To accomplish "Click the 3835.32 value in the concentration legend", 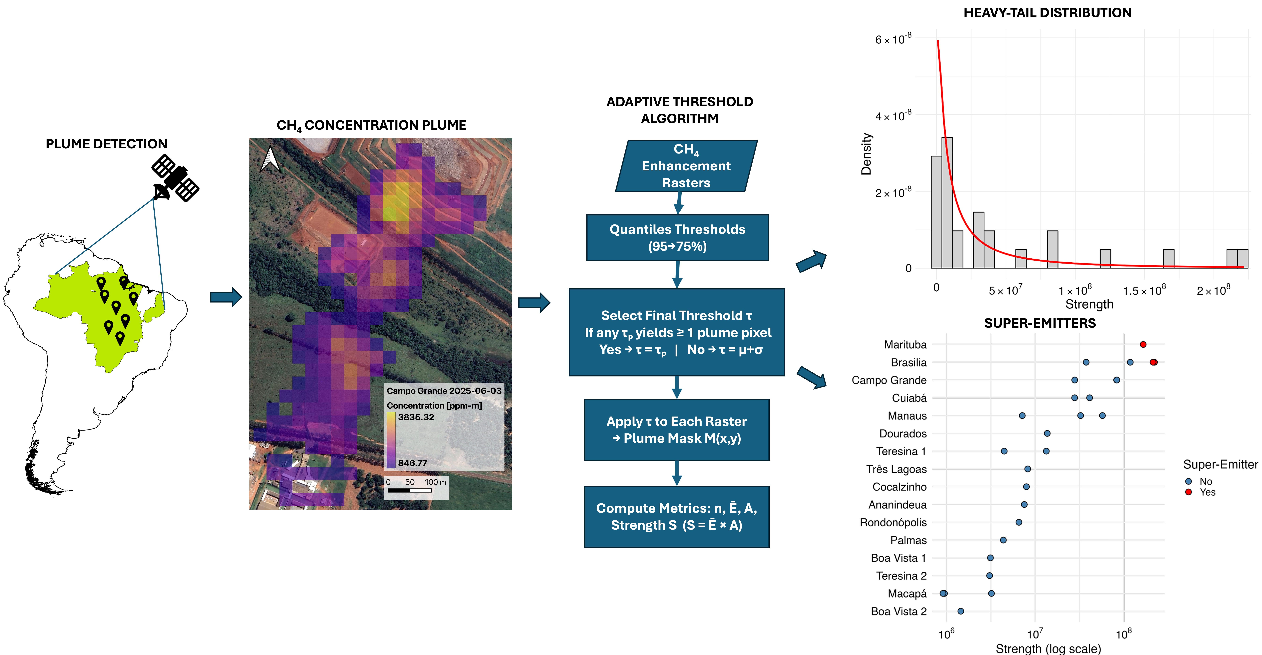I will click(x=416, y=417).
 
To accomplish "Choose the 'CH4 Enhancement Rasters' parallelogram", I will click(x=686, y=166).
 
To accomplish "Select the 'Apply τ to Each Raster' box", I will click(x=677, y=430).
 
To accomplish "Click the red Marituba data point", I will click(x=1143, y=345).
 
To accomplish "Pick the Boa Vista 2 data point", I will click(x=961, y=611).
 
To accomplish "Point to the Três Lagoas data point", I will click(x=1028, y=469).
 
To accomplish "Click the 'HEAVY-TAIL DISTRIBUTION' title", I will click(x=1047, y=13).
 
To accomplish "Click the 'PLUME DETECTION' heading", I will click(x=106, y=144).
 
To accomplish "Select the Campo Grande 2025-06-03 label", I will click(x=444, y=391).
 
